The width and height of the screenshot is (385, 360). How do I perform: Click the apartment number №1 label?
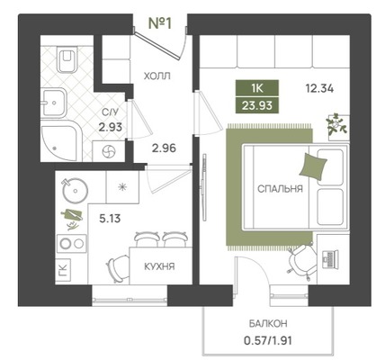coord(160,23)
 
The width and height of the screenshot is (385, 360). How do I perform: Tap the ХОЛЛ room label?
coord(157,76)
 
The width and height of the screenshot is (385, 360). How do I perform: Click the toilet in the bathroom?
coord(67,59)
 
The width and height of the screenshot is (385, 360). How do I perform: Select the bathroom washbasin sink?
coord(53,103)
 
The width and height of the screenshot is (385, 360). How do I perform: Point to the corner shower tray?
coord(60,141)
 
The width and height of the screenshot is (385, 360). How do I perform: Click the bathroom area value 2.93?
coord(111,127)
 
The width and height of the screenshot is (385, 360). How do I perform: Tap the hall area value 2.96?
coord(164,148)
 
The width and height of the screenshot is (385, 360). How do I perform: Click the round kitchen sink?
coord(75,190)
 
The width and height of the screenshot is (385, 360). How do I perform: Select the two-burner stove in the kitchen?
coord(72,244)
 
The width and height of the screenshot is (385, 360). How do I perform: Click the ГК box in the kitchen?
coord(63,270)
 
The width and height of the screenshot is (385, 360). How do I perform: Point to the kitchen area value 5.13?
coord(110,219)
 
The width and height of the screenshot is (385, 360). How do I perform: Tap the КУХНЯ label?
coord(159,266)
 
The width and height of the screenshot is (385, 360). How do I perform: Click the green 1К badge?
coord(257,88)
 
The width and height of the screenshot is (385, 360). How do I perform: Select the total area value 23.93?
coord(257,105)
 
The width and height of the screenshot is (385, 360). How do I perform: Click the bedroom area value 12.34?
coord(319,89)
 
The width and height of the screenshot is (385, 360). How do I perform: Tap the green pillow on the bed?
coord(313,166)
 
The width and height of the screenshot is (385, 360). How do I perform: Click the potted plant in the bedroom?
coord(337,125)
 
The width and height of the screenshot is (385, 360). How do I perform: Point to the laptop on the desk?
coord(330,259)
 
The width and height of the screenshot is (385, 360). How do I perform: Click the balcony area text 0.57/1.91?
coord(268,341)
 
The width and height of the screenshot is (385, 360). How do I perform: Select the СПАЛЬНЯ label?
coord(280,189)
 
